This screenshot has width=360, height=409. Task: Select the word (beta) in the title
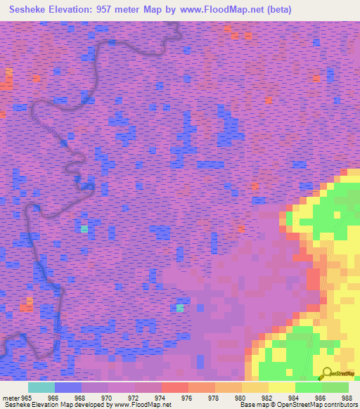tap(276, 11)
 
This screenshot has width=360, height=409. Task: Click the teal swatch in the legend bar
tap(41, 387)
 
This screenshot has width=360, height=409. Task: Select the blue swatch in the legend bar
tap(68, 387)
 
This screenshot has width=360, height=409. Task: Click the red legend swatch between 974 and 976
tap(175, 387)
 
